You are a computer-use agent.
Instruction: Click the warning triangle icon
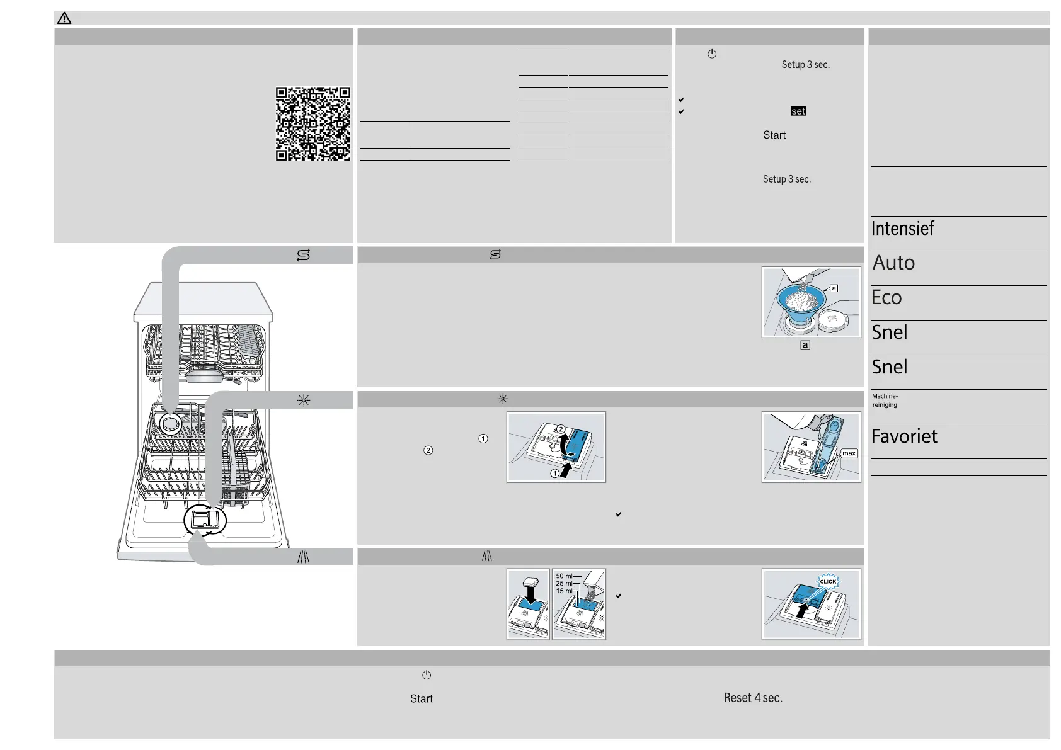tap(64, 19)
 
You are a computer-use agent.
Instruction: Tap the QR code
tap(313, 124)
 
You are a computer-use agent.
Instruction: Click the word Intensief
tap(902, 229)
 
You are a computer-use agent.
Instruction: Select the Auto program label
tap(893, 263)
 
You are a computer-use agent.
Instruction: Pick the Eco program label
tap(886, 297)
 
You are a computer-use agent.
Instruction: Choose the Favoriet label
tap(904, 436)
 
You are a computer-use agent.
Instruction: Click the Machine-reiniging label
tap(885, 401)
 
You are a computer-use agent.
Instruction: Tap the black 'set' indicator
tap(798, 111)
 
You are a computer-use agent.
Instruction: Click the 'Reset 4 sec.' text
tap(753, 698)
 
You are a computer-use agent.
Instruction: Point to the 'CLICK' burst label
tap(828, 582)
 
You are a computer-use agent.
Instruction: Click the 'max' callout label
tap(849, 453)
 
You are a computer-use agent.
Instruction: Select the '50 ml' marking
tap(564, 576)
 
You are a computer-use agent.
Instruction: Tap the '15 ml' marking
tap(564, 591)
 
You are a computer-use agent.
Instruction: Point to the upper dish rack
tap(205, 349)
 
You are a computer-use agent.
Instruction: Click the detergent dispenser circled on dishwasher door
tap(205, 520)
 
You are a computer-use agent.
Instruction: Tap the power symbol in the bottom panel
tap(427, 675)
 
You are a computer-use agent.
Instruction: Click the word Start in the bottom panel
tap(421, 698)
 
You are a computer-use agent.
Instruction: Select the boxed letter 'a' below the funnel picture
tap(805, 345)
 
